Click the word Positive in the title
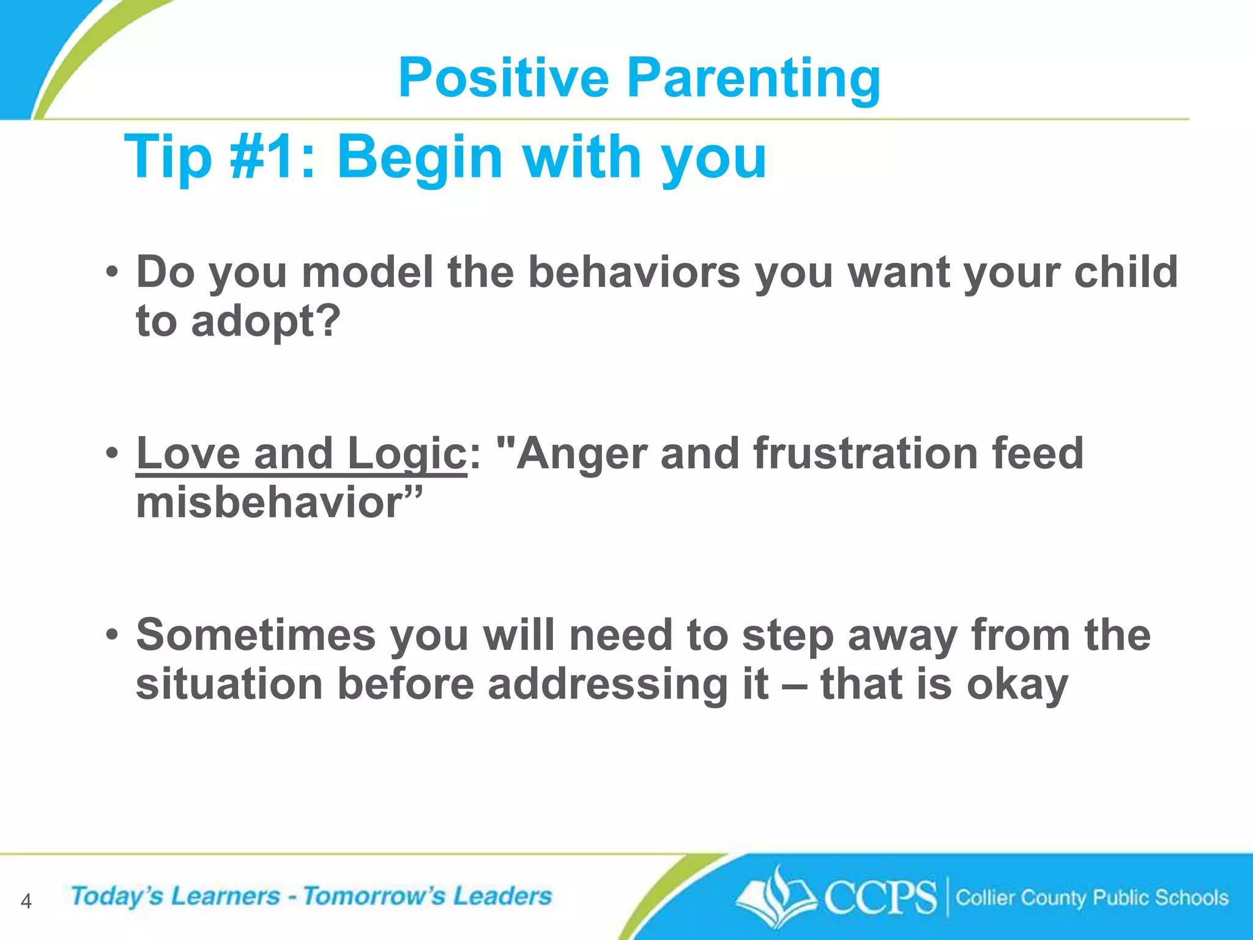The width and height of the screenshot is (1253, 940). click(x=503, y=78)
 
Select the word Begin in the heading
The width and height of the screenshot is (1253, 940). click(x=420, y=157)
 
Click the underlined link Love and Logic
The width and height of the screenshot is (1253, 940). click(x=301, y=454)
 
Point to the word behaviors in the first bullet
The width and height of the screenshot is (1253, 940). click(x=634, y=272)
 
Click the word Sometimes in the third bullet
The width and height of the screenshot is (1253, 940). click(x=256, y=635)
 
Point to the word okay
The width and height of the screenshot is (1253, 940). click(x=1017, y=684)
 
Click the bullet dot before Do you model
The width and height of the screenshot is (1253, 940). click(x=111, y=272)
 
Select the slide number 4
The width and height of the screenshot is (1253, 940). click(x=26, y=901)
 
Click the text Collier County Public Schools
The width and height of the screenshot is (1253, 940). click(x=1091, y=898)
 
